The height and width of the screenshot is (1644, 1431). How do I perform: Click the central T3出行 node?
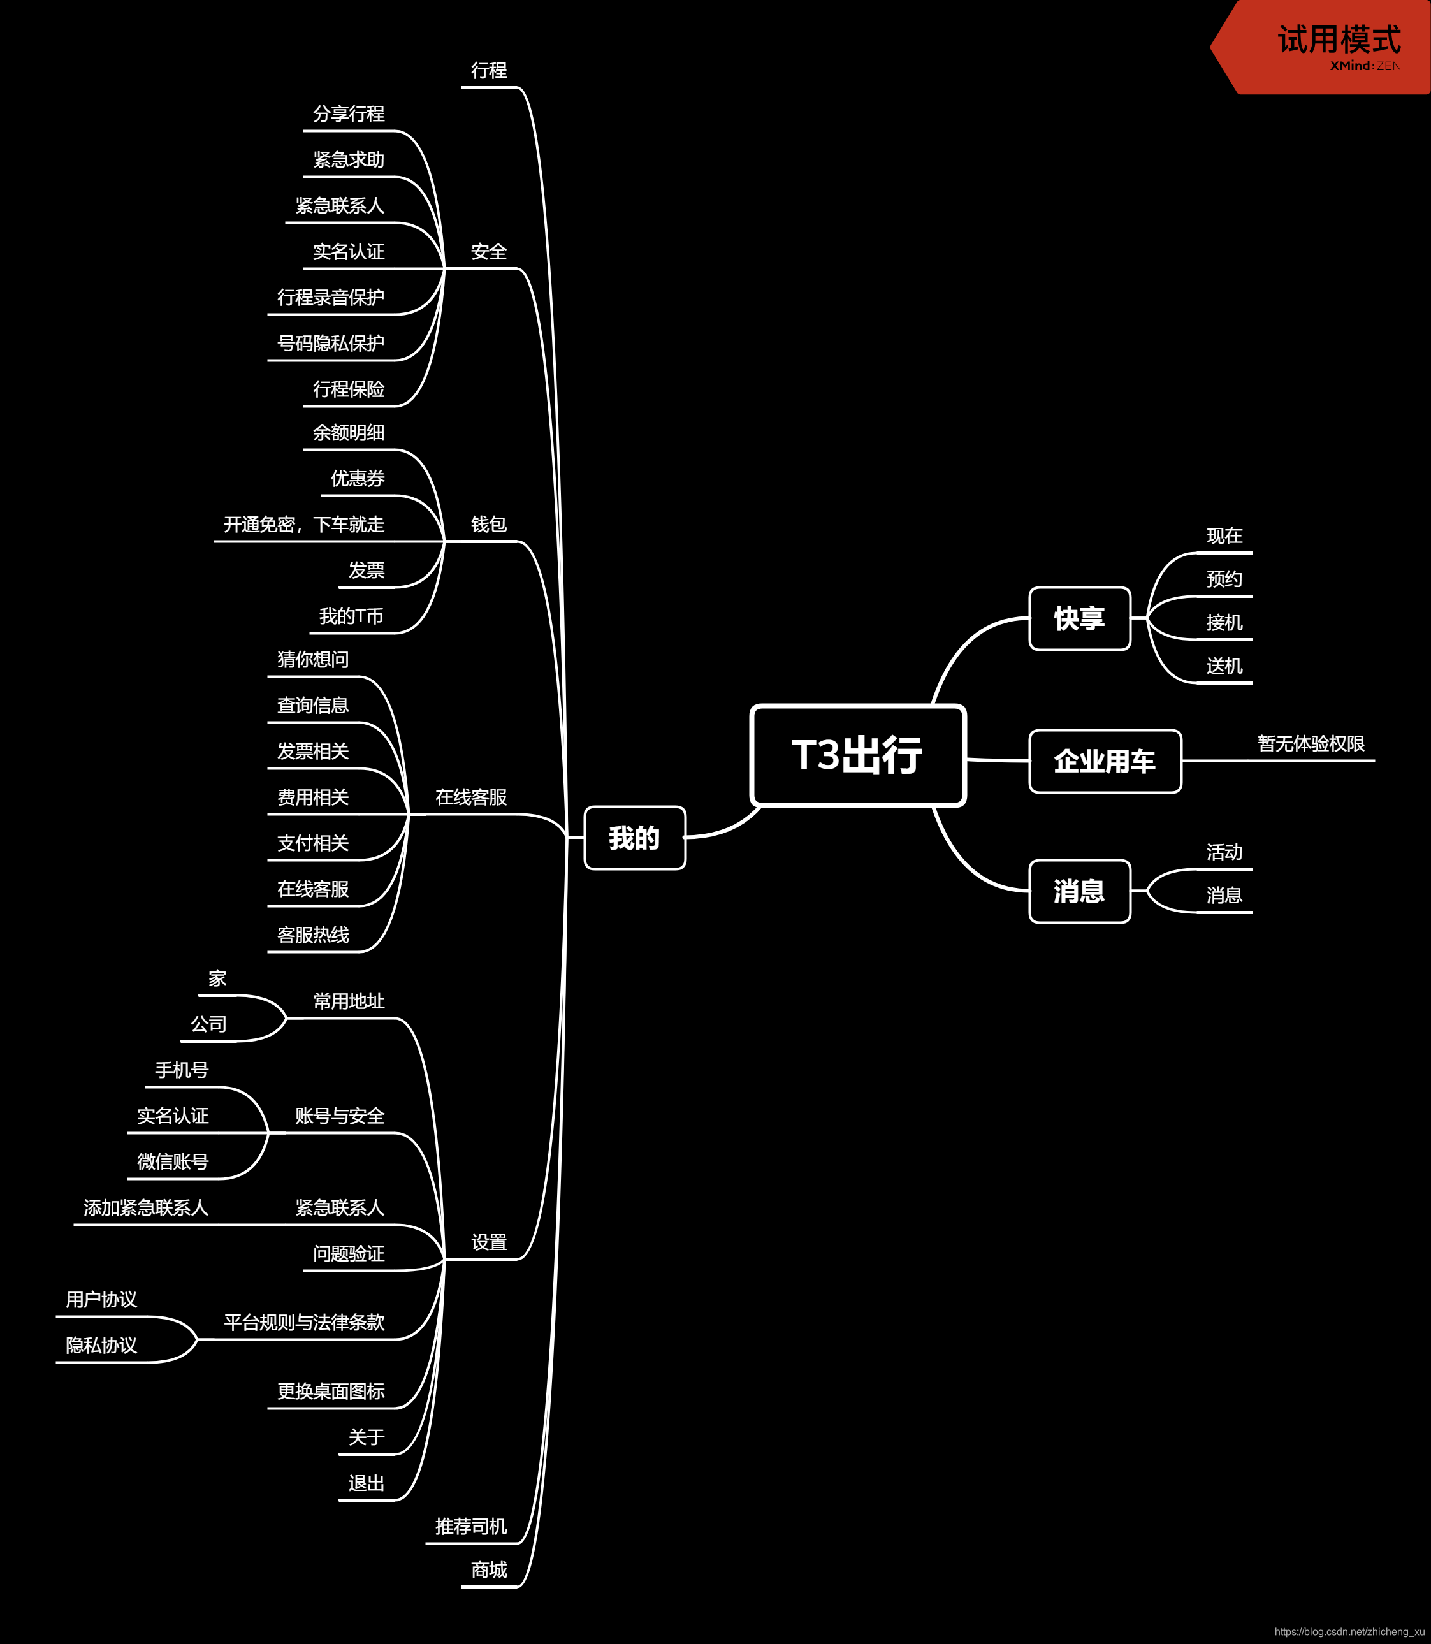[x=857, y=755]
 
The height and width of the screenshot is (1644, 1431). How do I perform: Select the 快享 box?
[x=1079, y=619]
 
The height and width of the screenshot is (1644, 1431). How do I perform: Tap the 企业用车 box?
[x=1105, y=761]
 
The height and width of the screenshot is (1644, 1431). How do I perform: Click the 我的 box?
[x=634, y=838]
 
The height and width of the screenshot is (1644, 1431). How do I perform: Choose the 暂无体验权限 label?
[x=1311, y=744]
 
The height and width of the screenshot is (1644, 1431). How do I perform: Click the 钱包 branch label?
[x=489, y=525]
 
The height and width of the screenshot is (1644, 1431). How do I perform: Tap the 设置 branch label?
[x=489, y=1242]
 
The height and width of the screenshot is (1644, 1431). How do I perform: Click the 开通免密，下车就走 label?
[x=303, y=525]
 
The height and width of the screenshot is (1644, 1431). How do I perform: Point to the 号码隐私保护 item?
[x=331, y=344]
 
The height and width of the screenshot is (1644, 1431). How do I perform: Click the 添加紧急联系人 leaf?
[x=146, y=1208]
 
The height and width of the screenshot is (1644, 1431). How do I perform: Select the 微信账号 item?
[x=173, y=1161]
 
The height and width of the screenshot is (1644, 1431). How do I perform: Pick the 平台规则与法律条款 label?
[x=303, y=1322]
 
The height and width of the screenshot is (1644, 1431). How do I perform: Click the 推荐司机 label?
[x=471, y=1527]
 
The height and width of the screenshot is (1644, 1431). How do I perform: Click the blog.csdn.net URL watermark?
[x=1349, y=1631]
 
